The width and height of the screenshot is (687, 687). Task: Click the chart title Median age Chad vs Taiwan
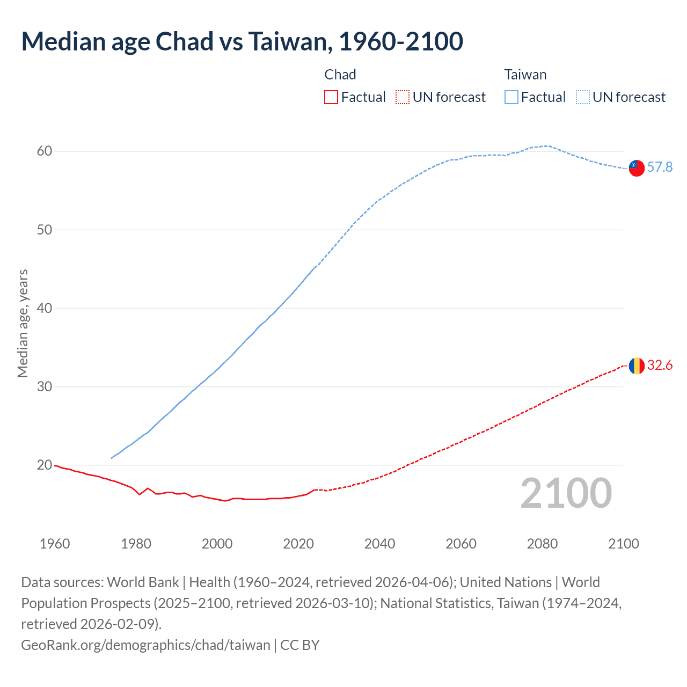coord(242,42)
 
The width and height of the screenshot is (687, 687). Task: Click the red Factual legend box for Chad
coord(331,97)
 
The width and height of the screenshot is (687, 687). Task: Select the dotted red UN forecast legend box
coord(403,97)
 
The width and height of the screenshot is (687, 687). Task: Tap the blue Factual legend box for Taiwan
coord(511,97)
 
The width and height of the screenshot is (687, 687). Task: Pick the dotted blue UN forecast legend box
coord(583,97)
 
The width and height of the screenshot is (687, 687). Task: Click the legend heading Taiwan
coord(525,75)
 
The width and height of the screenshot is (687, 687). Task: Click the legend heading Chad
coord(340,75)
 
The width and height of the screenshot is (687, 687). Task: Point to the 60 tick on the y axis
coord(45,151)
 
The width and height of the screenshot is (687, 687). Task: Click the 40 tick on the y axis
coord(45,308)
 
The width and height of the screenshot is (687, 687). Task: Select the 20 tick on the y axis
coord(45,465)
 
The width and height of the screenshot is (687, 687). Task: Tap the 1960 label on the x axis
coord(55,544)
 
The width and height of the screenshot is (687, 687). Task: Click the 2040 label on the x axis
coord(379,544)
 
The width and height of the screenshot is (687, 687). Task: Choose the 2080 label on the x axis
coord(542,544)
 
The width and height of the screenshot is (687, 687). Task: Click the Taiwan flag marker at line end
coord(637,168)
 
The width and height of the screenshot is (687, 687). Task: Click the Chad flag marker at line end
coord(637,366)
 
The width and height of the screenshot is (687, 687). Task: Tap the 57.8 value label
coord(660,167)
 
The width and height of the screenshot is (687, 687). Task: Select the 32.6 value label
coord(660,366)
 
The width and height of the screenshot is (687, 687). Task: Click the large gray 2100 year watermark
coord(566,493)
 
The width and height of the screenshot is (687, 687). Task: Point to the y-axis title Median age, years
coord(23,323)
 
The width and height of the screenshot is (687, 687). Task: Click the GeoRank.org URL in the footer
coord(145,645)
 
